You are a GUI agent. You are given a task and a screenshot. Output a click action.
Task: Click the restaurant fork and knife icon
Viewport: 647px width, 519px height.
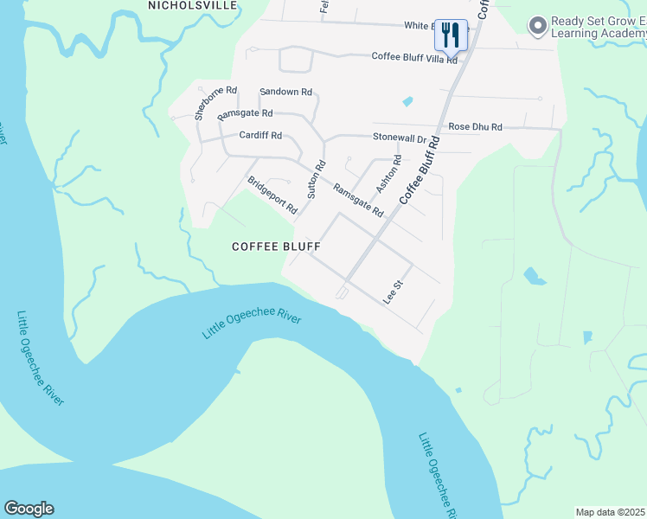click(450, 35)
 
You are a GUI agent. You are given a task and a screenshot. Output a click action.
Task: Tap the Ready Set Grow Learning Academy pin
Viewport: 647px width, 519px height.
click(537, 26)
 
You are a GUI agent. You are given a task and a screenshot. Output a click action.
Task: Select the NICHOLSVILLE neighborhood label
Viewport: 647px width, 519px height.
click(192, 5)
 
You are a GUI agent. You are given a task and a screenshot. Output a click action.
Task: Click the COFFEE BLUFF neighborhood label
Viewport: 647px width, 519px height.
click(277, 247)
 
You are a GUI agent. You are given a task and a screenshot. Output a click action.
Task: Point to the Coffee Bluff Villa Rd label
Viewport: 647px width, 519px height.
click(414, 57)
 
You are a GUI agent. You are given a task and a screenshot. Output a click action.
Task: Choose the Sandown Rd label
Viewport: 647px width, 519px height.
click(285, 92)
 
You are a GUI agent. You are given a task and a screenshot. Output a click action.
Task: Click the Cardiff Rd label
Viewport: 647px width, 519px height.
click(260, 136)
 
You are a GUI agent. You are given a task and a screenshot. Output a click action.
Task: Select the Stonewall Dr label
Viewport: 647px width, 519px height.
click(400, 138)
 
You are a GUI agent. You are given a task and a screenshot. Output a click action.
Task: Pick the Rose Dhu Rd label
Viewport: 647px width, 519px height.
click(475, 127)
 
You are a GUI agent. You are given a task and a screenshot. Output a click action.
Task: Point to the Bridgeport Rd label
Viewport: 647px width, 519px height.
click(272, 195)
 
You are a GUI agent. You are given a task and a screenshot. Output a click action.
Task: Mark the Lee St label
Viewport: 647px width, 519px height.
click(394, 291)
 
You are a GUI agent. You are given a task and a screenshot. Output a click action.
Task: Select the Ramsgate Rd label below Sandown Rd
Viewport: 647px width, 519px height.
click(245, 114)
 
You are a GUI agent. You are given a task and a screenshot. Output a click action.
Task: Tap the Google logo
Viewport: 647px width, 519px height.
click(29, 509)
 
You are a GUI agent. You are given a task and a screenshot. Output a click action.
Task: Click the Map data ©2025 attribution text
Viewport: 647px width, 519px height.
click(611, 512)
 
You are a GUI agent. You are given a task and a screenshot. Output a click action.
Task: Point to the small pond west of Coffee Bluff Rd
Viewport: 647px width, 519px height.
click(407, 102)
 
